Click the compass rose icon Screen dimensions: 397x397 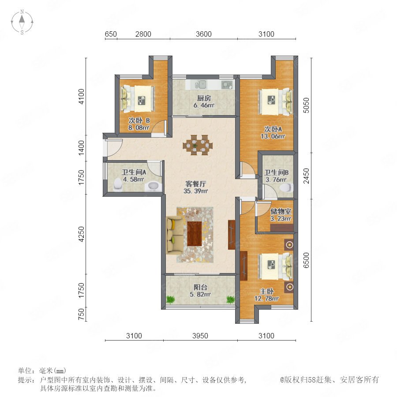22,22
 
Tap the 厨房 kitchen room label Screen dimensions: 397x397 204,98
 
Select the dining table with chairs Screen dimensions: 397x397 198,145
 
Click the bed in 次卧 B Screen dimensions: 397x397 138,98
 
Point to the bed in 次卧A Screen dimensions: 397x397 275,101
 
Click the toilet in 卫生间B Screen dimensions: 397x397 286,188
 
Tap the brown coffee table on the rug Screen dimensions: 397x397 195,233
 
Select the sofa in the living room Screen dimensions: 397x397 175,235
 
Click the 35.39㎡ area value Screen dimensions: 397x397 195,191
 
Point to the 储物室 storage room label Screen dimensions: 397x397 281,211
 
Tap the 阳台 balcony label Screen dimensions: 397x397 200,287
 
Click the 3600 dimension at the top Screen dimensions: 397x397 203,34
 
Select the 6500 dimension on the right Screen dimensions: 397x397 307,260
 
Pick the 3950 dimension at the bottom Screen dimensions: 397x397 200,336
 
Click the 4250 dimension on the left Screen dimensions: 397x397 81,234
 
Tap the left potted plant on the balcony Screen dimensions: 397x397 171,300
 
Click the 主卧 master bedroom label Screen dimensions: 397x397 266,292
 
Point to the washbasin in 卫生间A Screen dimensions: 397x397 153,186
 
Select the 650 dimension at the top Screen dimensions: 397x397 111,34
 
